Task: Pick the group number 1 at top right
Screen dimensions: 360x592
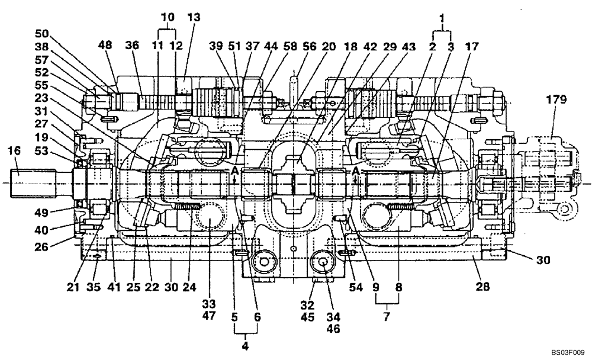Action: (441, 19)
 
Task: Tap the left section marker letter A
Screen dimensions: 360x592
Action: (235, 171)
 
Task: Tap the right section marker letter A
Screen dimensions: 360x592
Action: (356, 171)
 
